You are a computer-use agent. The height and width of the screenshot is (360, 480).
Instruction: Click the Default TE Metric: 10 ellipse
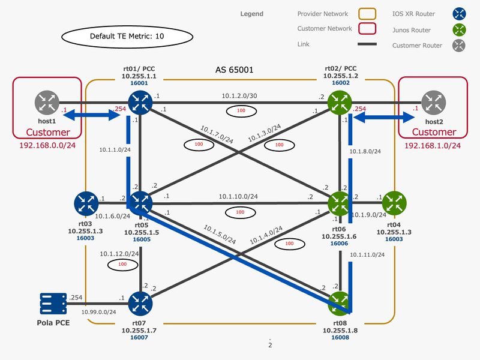coord(127,37)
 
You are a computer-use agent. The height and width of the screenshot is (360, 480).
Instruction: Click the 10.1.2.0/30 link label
coord(239,95)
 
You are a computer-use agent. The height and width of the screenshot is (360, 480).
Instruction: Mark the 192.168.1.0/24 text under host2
coord(433,145)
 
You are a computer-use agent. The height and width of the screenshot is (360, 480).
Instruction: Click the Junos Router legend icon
coord(459,29)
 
